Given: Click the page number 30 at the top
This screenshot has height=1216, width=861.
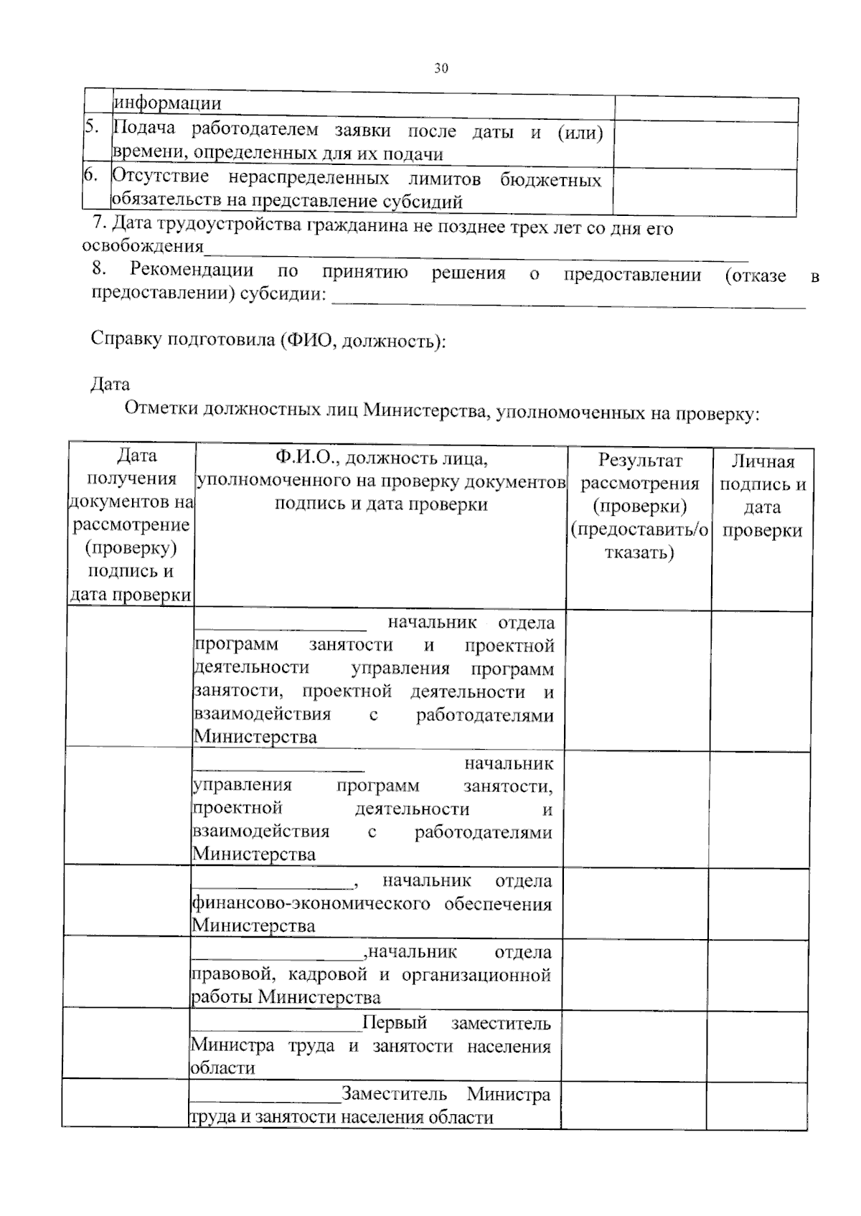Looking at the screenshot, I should click(x=441, y=69).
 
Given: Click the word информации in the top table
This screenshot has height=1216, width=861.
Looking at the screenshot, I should click(x=167, y=103).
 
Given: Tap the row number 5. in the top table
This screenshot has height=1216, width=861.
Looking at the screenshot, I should click(x=92, y=127).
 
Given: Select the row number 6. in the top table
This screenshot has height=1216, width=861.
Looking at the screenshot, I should click(x=91, y=175).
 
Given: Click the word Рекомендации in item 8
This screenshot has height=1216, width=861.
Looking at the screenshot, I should click(x=192, y=271).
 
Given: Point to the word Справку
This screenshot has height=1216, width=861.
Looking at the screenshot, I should click(x=126, y=339).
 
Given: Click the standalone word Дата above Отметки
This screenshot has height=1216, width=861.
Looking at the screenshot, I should click(x=110, y=385).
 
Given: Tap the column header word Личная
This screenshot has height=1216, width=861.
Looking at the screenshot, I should click(x=763, y=461).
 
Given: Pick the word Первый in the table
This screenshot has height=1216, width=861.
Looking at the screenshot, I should click(x=395, y=1023).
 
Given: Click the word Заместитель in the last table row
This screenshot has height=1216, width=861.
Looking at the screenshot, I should click(x=394, y=1095).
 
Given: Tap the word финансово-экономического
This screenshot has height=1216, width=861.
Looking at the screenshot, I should click(x=311, y=903).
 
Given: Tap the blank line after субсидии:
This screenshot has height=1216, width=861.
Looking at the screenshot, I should click(x=567, y=301).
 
